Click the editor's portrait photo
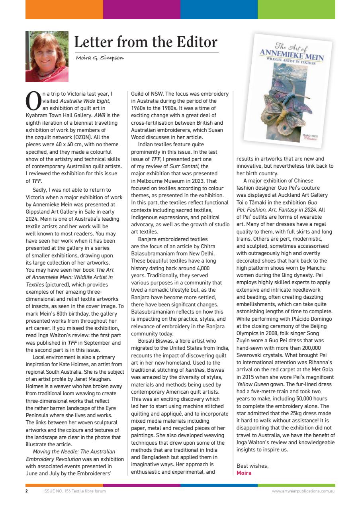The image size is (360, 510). (41, 57)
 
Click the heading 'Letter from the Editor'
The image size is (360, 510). (146, 42)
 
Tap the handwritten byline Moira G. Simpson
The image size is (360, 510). (100, 58)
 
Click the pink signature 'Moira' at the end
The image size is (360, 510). (244, 473)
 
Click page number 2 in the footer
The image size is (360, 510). (27, 491)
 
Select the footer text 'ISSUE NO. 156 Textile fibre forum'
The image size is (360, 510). (74, 491)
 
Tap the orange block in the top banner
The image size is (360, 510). (64, 10)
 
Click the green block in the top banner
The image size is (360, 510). (296, 10)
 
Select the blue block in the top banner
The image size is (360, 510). (219, 10)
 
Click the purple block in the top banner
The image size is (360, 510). (141, 10)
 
